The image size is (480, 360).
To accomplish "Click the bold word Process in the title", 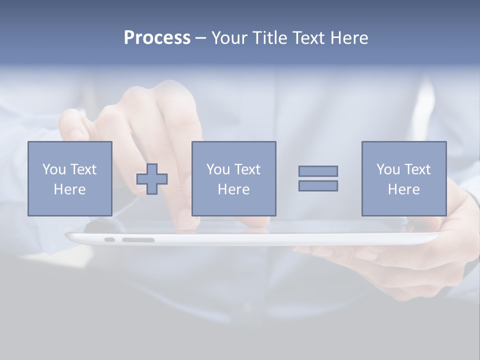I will (157, 38).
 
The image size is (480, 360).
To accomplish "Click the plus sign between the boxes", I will (152, 179).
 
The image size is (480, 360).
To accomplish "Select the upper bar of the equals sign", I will (318, 171).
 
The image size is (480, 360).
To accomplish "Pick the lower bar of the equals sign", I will (318, 185).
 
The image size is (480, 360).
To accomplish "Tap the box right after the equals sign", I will (404, 178).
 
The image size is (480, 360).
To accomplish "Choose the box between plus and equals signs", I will (233, 178).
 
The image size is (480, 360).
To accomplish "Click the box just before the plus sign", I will (69, 178).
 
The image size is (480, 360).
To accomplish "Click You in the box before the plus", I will (53, 169).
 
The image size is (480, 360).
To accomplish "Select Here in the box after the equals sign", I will (404, 189).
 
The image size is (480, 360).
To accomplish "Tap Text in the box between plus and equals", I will (247, 169).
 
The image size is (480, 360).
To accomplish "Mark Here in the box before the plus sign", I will (69, 189).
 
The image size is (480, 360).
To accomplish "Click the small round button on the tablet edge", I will (109, 240).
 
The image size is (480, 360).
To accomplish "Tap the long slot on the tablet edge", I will (138, 240).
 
